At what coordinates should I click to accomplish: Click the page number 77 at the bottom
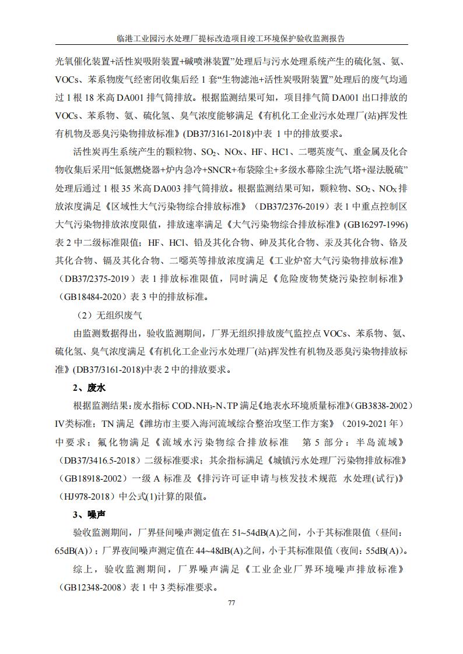pyautogui.click(x=232, y=602)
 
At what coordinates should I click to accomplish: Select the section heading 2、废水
pyautogui.click(x=89, y=387)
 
